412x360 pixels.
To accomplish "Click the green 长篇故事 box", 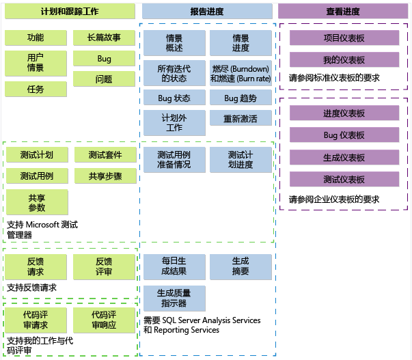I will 105,38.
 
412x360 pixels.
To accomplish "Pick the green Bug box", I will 105,59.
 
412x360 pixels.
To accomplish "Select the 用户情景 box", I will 36,63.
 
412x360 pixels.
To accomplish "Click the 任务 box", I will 36,89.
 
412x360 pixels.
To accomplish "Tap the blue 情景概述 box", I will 174,43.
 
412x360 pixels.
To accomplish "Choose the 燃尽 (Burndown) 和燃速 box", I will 241,73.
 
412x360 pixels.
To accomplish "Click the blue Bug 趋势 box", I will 241,98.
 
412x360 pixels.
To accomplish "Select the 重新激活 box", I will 241,118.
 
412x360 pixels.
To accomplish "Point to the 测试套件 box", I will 105,155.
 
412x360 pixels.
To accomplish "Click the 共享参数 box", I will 37,202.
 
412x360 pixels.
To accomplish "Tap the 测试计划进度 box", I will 241,159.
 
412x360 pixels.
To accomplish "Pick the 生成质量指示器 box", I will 174,298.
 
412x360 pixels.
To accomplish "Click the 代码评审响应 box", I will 105,320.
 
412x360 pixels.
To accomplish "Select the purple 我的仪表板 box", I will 344,59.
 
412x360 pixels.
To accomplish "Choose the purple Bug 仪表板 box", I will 344,135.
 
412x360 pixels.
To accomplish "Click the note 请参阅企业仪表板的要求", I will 333,199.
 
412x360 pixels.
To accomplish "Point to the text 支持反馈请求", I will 31,288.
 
